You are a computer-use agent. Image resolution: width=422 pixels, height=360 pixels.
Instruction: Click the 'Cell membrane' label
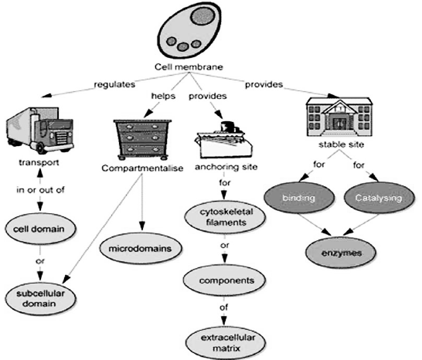tap(189, 66)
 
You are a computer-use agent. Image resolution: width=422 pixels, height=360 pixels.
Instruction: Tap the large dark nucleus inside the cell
tap(203, 15)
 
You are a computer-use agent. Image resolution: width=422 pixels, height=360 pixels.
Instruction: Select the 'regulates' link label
tap(114, 84)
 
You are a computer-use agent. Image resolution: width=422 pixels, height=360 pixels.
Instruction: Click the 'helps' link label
tap(163, 96)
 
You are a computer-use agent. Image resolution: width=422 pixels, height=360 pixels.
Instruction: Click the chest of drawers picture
tap(142, 140)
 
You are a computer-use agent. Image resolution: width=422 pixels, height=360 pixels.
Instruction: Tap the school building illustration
tap(339, 117)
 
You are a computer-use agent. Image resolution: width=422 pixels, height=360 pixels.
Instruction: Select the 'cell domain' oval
tap(40, 229)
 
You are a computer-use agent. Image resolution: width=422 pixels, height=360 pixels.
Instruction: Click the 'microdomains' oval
tap(140, 248)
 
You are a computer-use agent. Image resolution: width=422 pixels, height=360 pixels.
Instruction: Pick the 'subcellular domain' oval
tap(40, 298)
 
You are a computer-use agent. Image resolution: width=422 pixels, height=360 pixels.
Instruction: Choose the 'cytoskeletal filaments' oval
tap(225, 217)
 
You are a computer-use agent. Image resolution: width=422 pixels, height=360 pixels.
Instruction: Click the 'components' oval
tap(224, 280)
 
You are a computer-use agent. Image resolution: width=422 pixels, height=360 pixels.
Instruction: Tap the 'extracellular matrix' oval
tap(226, 343)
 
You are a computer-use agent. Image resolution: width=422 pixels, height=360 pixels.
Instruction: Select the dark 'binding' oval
tap(299, 198)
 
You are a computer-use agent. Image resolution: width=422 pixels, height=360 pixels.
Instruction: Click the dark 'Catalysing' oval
tap(379, 198)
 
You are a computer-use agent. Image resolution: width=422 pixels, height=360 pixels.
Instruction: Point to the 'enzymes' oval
tap(341, 253)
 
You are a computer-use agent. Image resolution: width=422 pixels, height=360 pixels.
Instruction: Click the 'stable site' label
tap(342, 144)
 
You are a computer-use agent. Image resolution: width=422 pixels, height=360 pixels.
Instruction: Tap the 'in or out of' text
tap(40, 190)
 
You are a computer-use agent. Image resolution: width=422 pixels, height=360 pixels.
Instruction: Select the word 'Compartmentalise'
tap(142, 168)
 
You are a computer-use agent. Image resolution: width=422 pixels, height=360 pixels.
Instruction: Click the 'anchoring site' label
tap(226, 167)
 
